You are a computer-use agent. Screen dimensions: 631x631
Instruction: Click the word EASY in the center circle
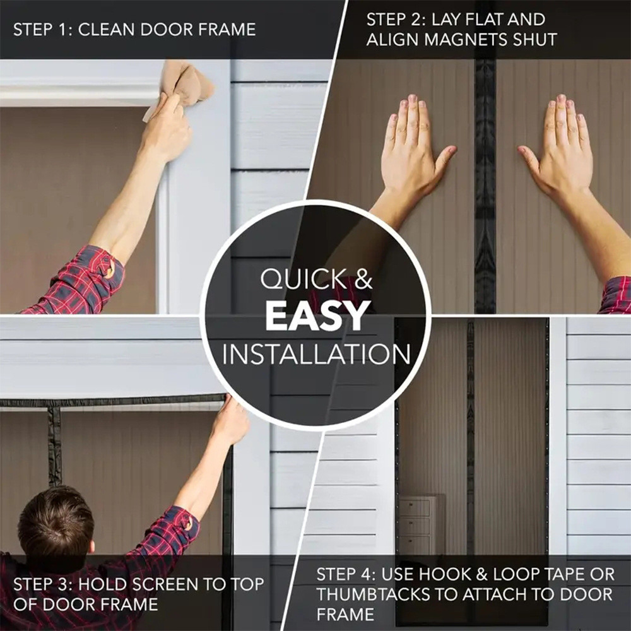point(317,316)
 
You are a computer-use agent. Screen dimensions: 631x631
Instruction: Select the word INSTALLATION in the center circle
point(316,354)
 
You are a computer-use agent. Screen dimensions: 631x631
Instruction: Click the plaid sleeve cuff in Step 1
point(104,265)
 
